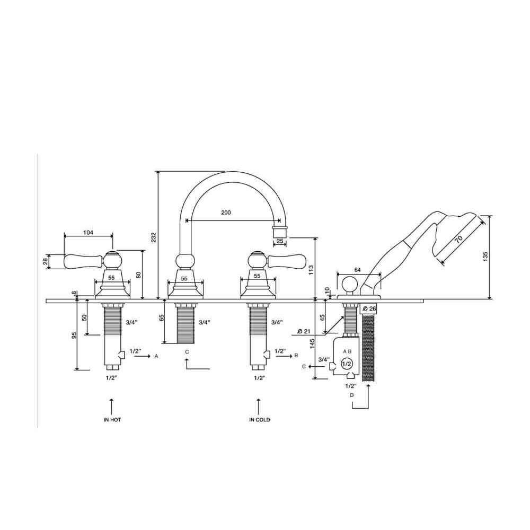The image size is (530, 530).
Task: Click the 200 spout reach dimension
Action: [226, 213]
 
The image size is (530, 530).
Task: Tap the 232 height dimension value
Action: [154, 237]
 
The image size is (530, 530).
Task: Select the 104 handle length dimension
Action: [88, 232]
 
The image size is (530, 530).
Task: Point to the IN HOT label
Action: [112, 420]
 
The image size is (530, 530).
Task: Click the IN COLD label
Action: [260, 420]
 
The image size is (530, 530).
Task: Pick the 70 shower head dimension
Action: [458, 240]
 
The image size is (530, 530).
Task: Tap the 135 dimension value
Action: [485, 257]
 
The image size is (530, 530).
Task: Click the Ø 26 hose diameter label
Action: [369, 308]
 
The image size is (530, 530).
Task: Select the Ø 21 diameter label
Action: [304, 332]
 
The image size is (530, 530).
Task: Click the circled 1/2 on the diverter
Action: [347, 364]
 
